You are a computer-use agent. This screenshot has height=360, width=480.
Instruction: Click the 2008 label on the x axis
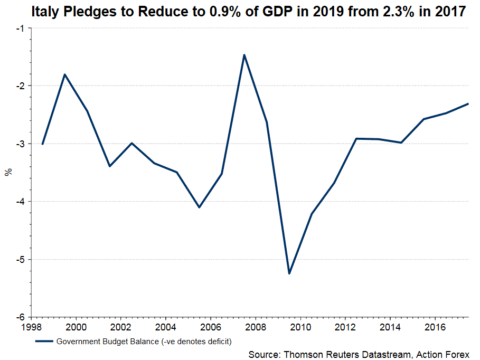click(256, 326)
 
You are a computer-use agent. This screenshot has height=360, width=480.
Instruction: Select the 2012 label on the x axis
click(345, 326)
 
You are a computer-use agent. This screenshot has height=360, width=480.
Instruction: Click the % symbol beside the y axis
click(8, 172)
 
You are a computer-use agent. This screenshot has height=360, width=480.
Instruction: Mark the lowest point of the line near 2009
click(289, 273)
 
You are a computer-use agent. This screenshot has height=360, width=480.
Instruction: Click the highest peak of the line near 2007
click(244, 54)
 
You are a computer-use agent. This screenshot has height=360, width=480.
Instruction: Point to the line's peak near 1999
click(64, 74)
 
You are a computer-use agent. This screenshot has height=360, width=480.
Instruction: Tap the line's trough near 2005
click(199, 207)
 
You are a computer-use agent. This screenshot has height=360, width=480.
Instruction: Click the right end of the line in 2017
click(468, 103)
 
